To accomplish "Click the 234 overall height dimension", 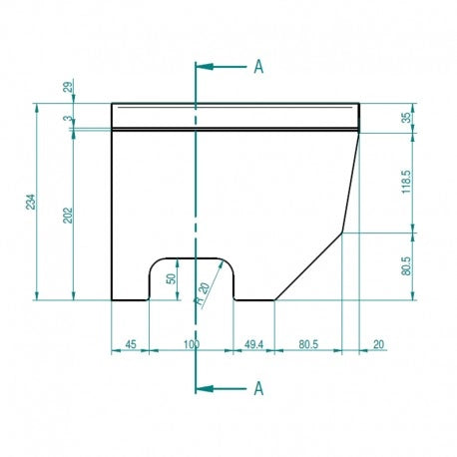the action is [x=30, y=202].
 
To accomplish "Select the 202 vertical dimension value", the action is [x=68, y=216].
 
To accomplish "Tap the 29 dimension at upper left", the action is [x=68, y=87].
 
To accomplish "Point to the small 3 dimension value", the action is [x=68, y=119].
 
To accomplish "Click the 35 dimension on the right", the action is [x=406, y=118].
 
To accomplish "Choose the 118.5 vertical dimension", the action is [x=406, y=182].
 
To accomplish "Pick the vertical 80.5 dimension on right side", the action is [x=406, y=265].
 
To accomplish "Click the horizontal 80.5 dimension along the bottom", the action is [x=308, y=344].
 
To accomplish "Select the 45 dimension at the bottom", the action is [x=131, y=344].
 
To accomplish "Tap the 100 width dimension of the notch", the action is [x=192, y=344].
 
